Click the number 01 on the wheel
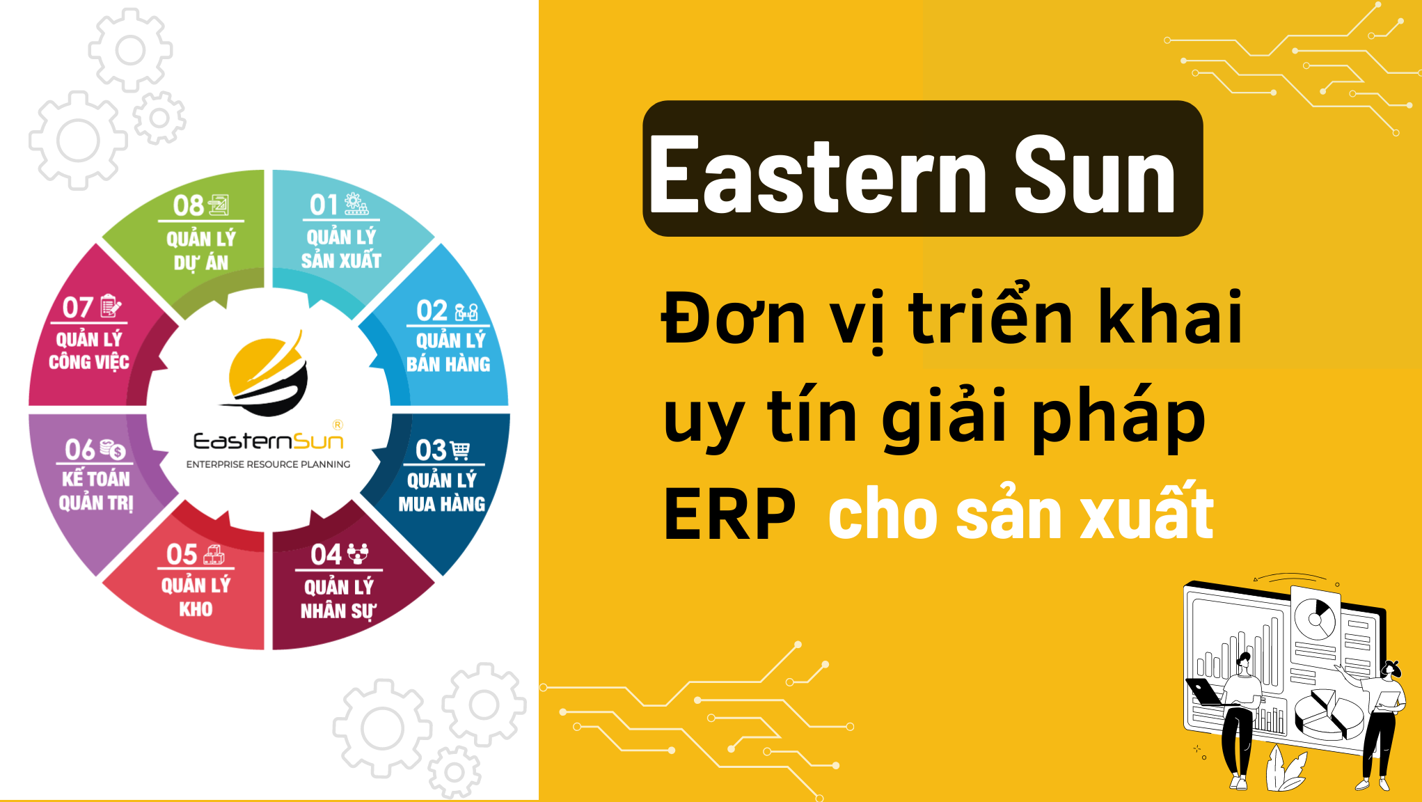[x=324, y=205]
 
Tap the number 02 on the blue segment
[x=432, y=310]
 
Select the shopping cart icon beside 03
[x=460, y=450]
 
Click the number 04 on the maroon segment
[x=326, y=555]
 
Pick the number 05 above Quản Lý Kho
[x=182, y=555]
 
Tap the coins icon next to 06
[x=112, y=450]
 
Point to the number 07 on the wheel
[x=77, y=308]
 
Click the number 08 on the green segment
[x=189, y=205]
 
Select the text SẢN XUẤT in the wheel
[x=341, y=260]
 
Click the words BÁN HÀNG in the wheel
[x=448, y=363]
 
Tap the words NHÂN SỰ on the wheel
[x=338, y=611]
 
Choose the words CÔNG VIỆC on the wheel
[x=89, y=361]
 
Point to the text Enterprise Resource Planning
[x=269, y=464]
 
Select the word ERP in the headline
[x=729, y=514]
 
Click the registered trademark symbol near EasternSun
[x=338, y=425]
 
